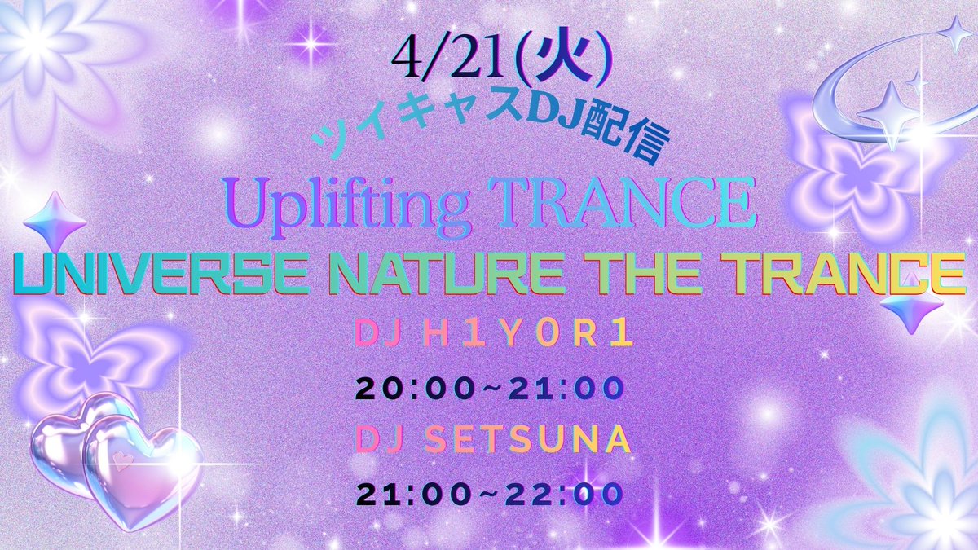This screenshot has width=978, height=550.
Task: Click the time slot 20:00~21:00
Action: pyautogui.click(x=489, y=389)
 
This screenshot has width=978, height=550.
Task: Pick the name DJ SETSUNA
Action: pyautogui.click(x=489, y=441)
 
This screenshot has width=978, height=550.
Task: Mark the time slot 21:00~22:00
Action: pyautogui.click(x=489, y=493)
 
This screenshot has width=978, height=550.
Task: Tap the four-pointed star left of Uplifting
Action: pyautogui.click(x=55, y=222)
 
